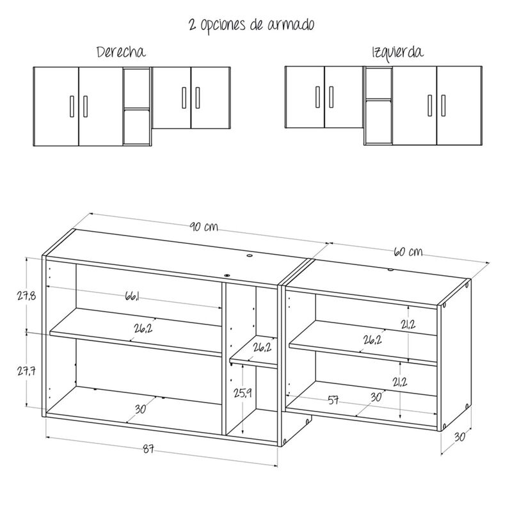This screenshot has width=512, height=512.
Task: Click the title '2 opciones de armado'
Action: tap(251, 25)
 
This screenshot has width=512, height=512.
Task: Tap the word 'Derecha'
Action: tap(120, 52)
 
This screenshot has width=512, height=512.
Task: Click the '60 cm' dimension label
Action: tap(408, 252)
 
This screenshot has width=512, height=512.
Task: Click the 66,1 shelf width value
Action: tap(132, 296)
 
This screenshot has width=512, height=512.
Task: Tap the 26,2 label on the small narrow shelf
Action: tap(261, 348)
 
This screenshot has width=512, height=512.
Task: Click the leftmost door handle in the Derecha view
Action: tap(70, 106)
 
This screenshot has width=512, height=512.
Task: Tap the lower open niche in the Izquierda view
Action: tap(378, 122)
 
